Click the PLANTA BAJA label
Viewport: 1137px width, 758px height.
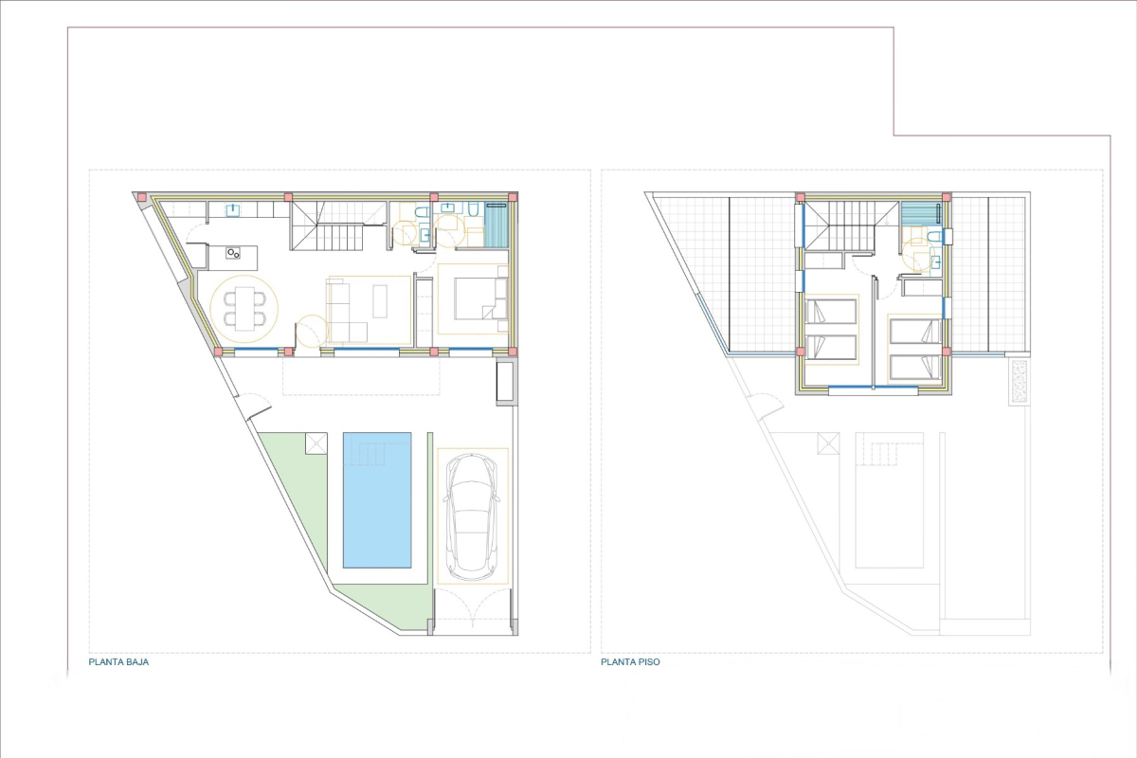pos(118,662)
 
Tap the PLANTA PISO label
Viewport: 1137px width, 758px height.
pos(630,662)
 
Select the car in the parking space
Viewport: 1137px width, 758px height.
pos(472,516)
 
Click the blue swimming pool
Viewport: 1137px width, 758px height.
pos(377,500)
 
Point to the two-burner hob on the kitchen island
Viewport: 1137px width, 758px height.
pos(233,253)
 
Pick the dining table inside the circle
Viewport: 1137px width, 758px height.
pos(244,309)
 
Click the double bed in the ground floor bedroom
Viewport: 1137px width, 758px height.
pos(480,298)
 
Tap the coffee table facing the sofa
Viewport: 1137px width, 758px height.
pos(380,301)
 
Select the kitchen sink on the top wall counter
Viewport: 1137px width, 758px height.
pos(233,209)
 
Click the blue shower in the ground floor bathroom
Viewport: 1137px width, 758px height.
pos(496,225)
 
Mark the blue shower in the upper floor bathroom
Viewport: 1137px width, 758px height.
pos(921,213)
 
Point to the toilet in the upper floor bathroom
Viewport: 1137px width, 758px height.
pos(934,236)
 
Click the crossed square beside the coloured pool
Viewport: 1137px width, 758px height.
pos(316,443)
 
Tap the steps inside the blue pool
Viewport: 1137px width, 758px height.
pos(371,454)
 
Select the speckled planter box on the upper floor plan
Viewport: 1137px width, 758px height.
pos(1020,382)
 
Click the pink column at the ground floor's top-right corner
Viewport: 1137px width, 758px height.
pos(513,197)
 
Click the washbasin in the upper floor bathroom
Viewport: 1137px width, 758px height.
pos(935,262)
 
